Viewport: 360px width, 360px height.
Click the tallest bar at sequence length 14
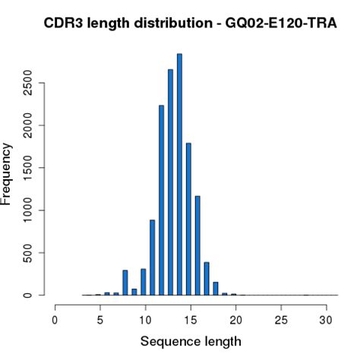tap(179, 175)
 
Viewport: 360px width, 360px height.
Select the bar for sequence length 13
tap(170, 182)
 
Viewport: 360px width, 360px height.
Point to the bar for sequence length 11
tap(152, 257)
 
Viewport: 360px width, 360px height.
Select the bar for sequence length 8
tap(125, 283)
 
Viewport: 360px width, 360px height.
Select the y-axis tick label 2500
tap(27, 83)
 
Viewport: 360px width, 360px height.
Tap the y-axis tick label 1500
tap(27, 168)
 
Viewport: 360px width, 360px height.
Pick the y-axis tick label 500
tap(27, 253)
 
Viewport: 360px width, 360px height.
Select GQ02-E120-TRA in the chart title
tap(276, 25)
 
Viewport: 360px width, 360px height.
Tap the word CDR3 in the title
tap(65, 25)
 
